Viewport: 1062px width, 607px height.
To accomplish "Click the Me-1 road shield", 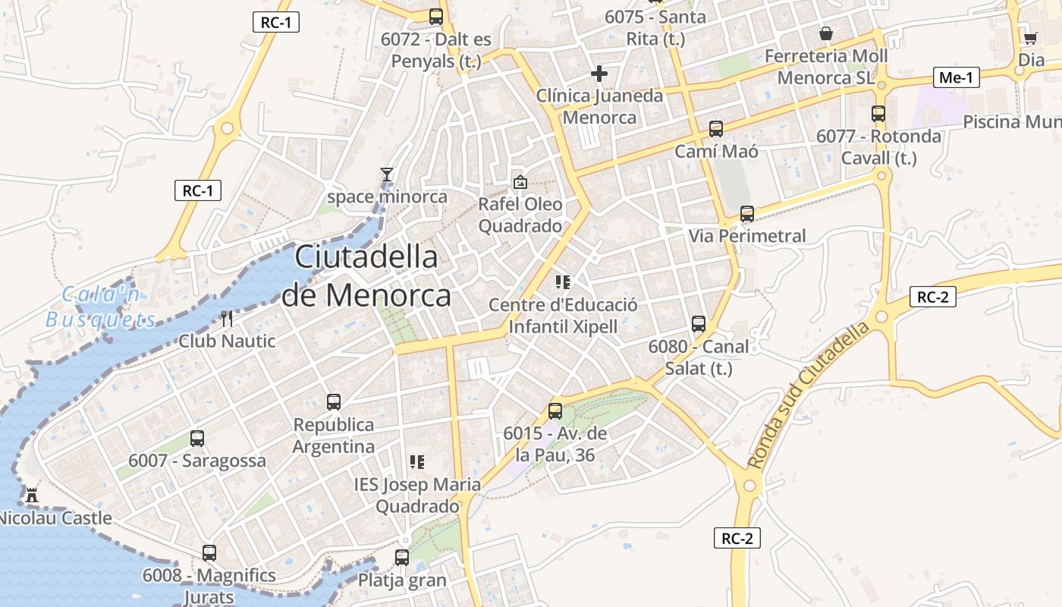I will (x=956, y=77).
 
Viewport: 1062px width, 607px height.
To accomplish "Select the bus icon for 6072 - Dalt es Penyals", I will (x=436, y=17).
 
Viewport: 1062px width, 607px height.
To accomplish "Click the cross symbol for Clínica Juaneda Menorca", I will (x=599, y=74).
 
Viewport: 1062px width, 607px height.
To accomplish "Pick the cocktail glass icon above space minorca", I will (x=387, y=175).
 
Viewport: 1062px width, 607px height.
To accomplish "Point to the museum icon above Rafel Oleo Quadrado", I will (x=520, y=182).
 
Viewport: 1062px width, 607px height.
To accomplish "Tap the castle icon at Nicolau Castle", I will (x=32, y=495).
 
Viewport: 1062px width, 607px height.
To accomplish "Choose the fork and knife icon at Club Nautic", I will (x=227, y=319).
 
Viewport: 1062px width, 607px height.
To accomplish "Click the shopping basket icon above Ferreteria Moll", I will (x=826, y=33).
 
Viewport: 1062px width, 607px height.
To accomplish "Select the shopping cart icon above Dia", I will (x=1030, y=38).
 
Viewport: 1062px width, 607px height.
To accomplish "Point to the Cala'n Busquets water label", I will (x=101, y=307).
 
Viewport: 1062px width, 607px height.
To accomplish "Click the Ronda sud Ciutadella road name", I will (x=809, y=395).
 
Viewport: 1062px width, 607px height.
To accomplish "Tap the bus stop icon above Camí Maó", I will (x=716, y=129).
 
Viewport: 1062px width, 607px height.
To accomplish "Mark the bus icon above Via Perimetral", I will (x=747, y=214).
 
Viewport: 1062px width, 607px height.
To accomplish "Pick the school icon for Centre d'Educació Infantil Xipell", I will (x=563, y=282).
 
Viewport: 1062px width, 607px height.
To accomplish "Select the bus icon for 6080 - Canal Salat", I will (x=699, y=324).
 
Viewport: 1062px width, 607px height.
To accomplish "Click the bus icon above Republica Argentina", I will (x=334, y=402).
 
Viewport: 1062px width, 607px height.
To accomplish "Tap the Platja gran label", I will (x=402, y=580).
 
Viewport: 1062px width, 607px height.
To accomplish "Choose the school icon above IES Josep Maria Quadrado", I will (x=416, y=461).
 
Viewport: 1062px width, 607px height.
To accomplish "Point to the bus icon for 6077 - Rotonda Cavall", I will (x=878, y=114).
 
